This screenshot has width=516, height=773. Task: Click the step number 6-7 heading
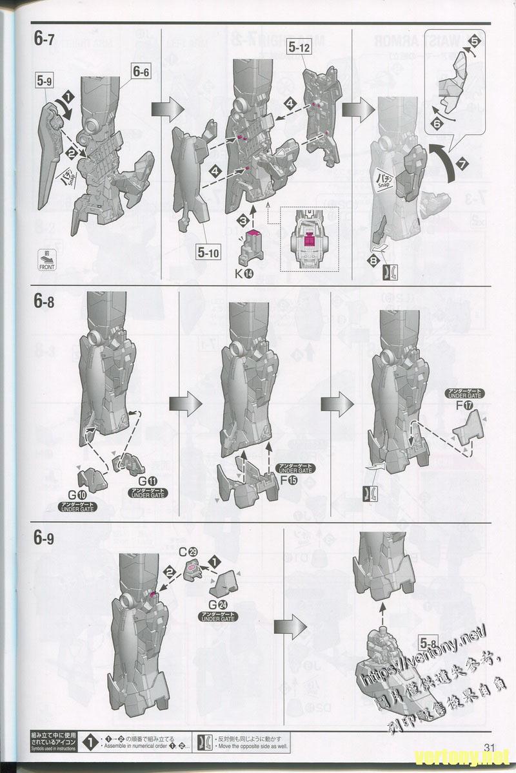pos(45,39)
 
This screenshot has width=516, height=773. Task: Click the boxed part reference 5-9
pos(45,82)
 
